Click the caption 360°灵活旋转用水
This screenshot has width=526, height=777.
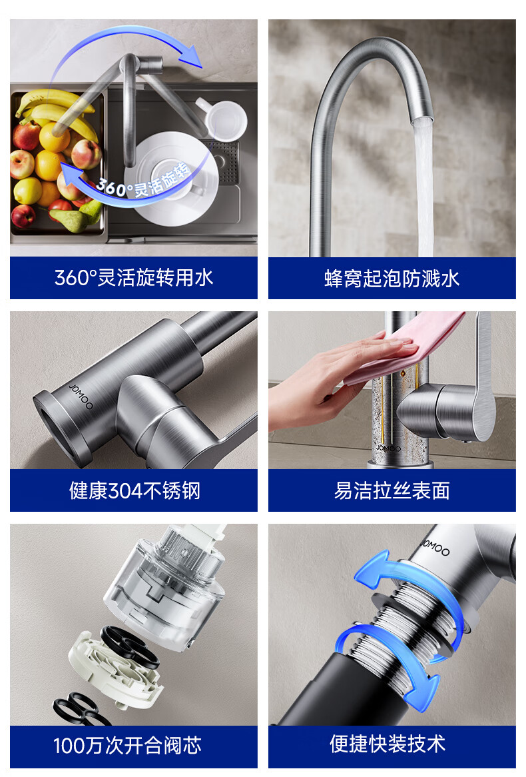click(134, 277)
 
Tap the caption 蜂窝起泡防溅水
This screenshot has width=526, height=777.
click(392, 279)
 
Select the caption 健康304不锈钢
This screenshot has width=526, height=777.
click(134, 490)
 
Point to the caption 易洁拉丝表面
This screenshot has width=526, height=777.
click(392, 490)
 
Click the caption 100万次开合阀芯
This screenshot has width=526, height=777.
click(127, 745)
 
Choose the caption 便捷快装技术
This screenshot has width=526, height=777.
click(388, 743)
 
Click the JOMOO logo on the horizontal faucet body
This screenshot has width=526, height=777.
click(81, 396)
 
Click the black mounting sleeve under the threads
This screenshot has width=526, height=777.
click(337, 689)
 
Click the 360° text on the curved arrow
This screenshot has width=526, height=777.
click(112, 187)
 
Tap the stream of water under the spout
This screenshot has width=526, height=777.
click(424, 189)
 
